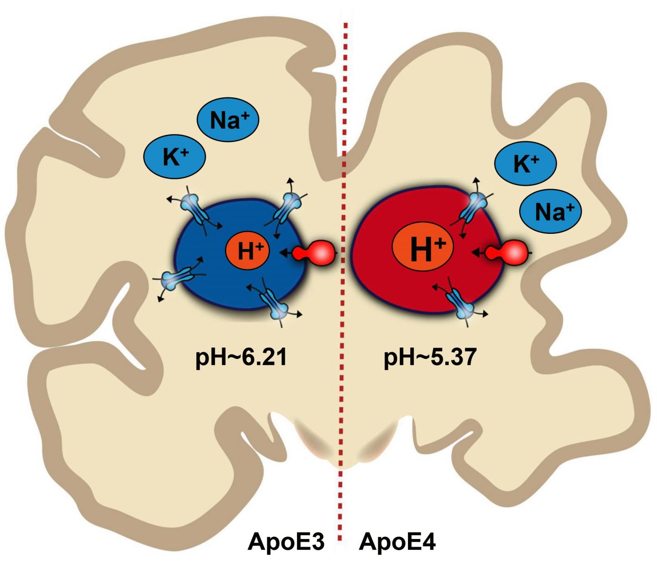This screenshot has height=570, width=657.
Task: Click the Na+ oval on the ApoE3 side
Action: tap(228, 120)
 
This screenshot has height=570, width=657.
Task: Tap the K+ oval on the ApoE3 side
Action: tap(175, 157)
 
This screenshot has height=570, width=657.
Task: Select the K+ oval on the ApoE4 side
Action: tap(526, 163)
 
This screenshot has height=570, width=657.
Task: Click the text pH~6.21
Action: tap(241, 357)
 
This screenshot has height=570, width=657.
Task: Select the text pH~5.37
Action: tap(429, 357)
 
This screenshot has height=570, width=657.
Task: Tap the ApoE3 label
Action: tap(286, 542)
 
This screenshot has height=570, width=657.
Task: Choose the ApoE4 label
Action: tap(397, 542)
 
